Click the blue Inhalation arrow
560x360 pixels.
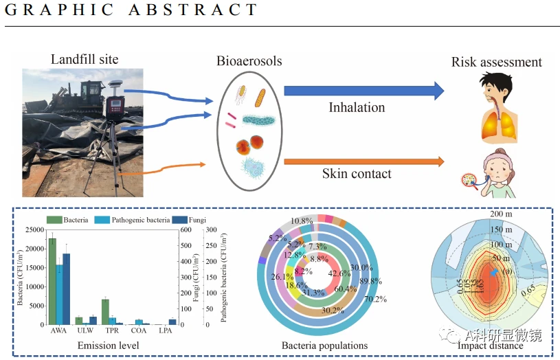(364, 90)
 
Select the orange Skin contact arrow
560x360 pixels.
(364, 162)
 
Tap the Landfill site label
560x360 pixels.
(85, 59)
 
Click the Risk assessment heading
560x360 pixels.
(496, 63)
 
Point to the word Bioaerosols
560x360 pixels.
(249, 62)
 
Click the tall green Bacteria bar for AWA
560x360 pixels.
(52, 281)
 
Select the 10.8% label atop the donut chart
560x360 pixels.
(302, 221)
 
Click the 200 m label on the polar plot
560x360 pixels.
(502, 214)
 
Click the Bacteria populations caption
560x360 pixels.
(324, 345)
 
